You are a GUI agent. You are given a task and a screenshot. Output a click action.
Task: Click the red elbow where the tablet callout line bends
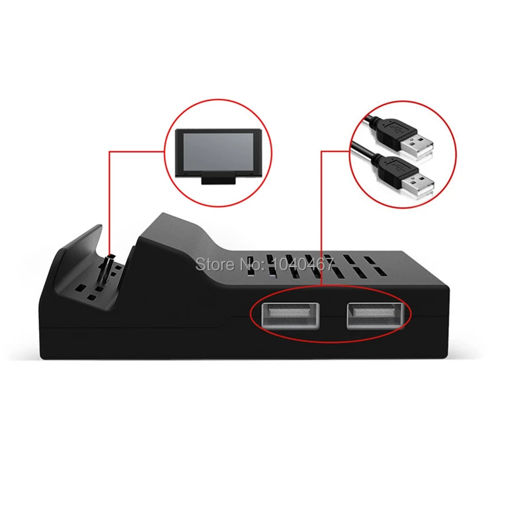pyautogui.click(x=109, y=151)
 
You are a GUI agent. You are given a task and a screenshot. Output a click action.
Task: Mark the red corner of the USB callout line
pyautogui.click(x=322, y=151)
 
